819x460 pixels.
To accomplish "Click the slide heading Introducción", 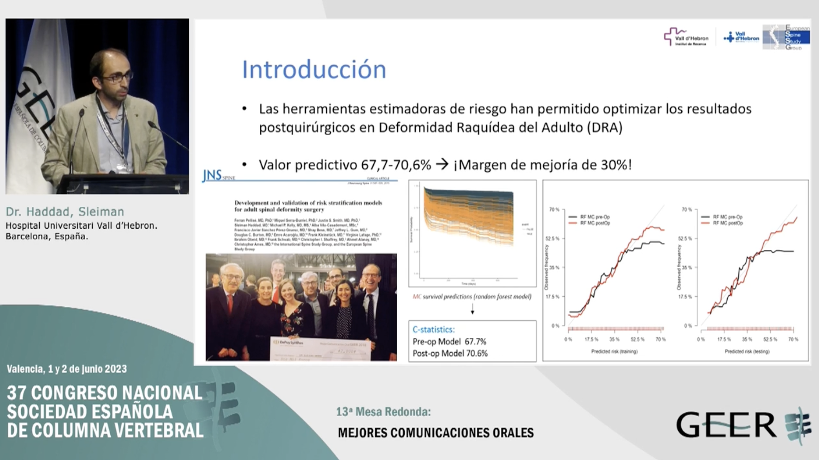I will click(314, 70).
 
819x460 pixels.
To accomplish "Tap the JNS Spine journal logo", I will click(218, 176).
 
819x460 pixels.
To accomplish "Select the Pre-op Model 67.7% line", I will click(449, 342).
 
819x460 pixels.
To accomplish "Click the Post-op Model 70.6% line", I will click(450, 353).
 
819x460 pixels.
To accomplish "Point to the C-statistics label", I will click(433, 329).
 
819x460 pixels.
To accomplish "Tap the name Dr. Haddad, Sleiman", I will click(65, 211).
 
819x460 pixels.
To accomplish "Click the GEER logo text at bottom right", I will click(726, 425).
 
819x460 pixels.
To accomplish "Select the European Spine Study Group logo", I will click(786, 37).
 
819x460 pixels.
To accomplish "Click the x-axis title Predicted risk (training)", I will click(614, 351).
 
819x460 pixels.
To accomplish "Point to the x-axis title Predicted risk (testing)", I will click(747, 351).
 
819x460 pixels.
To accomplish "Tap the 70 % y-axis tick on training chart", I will click(554, 209).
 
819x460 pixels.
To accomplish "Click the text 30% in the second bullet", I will click(614, 165).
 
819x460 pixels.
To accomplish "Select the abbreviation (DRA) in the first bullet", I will click(605, 128).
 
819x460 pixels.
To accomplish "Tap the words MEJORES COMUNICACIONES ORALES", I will click(436, 432).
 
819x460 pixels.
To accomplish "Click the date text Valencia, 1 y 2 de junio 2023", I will click(67, 369).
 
